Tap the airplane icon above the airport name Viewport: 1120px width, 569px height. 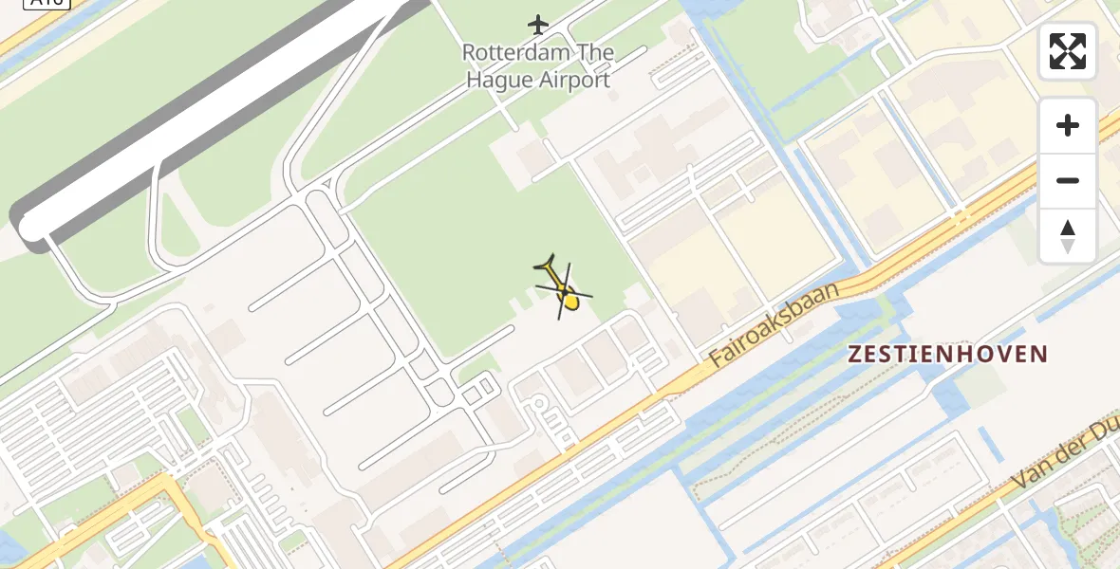click(538, 24)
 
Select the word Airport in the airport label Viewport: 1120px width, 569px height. click(574, 80)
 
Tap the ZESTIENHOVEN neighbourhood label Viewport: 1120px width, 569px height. click(947, 355)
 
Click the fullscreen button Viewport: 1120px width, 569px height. click(1068, 51)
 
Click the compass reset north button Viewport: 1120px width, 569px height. click(1068, 236)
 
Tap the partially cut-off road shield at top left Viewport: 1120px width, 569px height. click(47, 3)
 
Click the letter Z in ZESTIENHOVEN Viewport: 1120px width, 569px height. click(855, 355)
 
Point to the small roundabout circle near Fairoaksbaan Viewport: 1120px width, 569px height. click(538, 405)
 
